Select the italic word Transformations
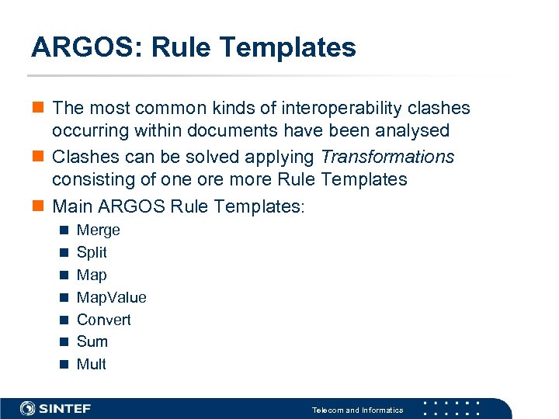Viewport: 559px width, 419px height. click(x=387, y=157)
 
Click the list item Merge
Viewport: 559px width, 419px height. click(x=98, y=230)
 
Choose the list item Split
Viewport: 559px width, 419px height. click(x=92, y=252)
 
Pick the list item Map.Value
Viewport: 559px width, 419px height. click(x=111, y=297)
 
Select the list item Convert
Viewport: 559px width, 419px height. click(x=103, y=320)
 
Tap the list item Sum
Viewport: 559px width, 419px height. click(x=92, y=341)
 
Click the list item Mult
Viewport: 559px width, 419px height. click(x=91, y=364)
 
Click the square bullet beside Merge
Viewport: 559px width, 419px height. click(x=63, y=230)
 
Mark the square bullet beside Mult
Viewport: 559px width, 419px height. click(x=63, y=365)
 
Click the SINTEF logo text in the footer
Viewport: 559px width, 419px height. click(x=64, y=408)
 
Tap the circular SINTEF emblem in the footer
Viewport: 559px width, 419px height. click(x=27, y=408)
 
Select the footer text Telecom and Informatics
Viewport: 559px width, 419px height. click(x=357, y=410)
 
